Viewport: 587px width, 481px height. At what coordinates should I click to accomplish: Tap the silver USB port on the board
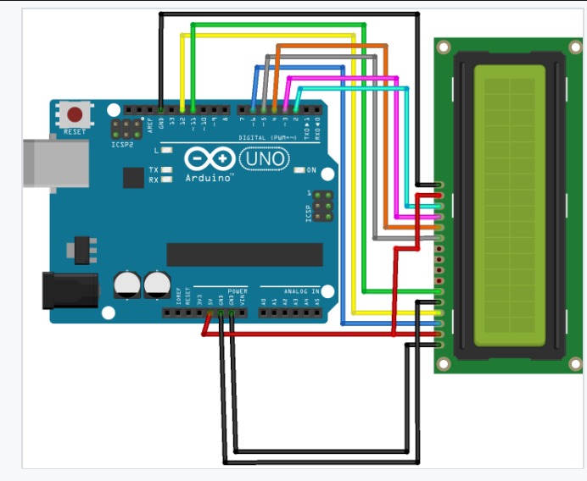[55, 163]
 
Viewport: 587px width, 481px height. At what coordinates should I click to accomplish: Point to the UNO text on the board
[264, 158]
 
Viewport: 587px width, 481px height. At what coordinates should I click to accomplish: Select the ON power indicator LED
[299, 170]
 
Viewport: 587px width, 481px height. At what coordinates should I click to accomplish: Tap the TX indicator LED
[166, 170]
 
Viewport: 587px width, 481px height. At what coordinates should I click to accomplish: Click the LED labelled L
[166, 150]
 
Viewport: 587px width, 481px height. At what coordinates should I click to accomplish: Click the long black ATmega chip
[244, 254]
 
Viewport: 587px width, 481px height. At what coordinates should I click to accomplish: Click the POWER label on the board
[237, 290]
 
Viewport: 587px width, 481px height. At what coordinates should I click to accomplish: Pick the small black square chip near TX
[133, 177]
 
